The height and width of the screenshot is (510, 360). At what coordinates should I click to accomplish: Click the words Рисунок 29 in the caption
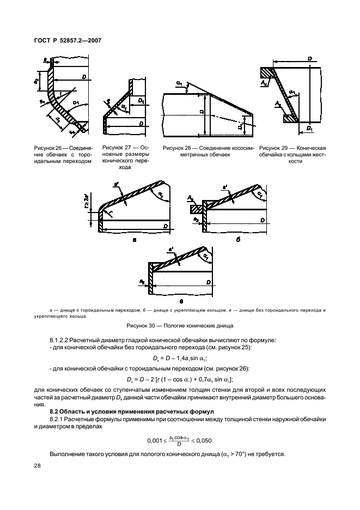point(272,148)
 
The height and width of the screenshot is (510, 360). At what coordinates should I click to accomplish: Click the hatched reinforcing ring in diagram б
point(194,208)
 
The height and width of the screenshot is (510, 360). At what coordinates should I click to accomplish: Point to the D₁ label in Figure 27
point(141,101)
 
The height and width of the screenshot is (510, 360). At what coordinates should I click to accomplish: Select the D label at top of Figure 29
point(309,58)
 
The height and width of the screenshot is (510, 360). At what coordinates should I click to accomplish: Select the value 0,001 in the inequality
point(155,440)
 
